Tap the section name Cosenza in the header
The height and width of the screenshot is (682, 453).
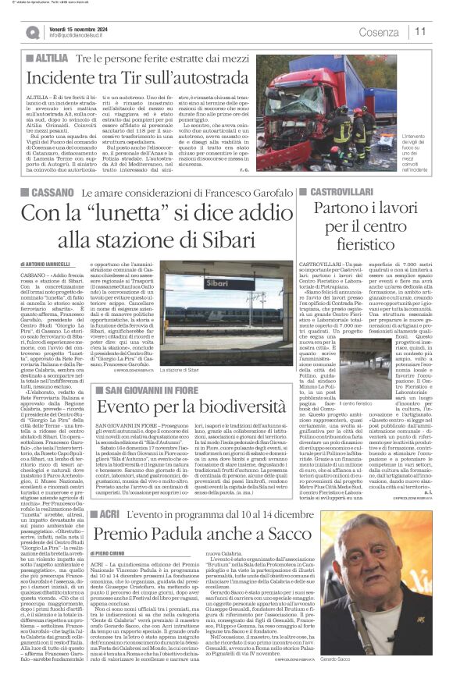click(378, 32)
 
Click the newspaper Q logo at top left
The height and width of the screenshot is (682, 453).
click(32, 32)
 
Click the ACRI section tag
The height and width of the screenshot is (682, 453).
click(109, 514)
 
